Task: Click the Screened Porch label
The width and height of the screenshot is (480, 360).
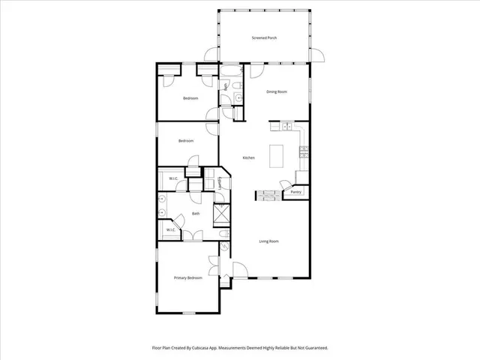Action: tap(264, 37)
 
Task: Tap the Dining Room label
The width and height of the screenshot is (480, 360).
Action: tap(277, 92)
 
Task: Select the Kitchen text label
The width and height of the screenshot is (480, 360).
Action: tap(248, 157)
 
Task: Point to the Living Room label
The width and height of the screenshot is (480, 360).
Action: tap(268, 241)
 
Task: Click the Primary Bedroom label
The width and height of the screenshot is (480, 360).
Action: tap(188, 278)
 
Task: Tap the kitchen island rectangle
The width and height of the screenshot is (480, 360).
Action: tap(277, 156)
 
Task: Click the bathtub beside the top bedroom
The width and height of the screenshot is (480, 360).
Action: tap(229, 73)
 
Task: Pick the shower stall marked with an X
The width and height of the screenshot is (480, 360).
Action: tap(222, 214)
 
